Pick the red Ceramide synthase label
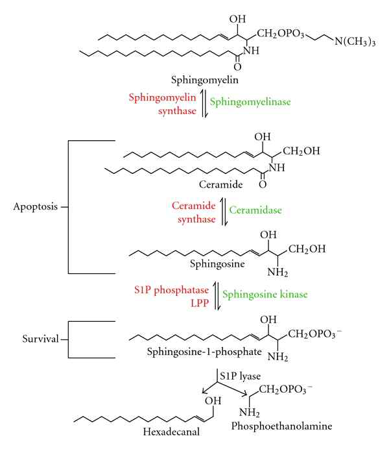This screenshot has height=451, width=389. [193, 212]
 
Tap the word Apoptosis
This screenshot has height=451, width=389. [36, 208]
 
